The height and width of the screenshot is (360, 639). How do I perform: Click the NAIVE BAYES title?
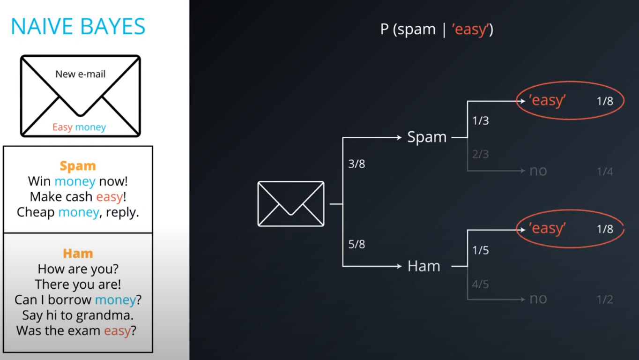pyautogui.click(x=78, y=27)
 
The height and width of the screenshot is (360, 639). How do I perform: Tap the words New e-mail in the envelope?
pyautogui.click(x=81, y=74)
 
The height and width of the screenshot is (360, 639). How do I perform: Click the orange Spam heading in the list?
pyautogui.click(x=78, y=166)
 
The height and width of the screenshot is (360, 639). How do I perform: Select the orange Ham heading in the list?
pyautogui.click(x=78, y=254)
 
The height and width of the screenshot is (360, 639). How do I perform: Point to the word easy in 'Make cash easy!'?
pyautogui.click(x=110, y=196)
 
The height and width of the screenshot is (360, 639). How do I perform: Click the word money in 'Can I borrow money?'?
pyautogui.click(x=115, y=300)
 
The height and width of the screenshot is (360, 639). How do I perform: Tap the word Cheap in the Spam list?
pyautogui.click(x=36, y=212)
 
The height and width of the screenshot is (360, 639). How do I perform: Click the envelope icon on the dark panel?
pyautogui.click(x=291, y=204)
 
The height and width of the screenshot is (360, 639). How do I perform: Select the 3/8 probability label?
pyautogui.click(x=357, y=164)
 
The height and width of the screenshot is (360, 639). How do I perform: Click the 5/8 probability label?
pyautogui.click(x=357, y=244)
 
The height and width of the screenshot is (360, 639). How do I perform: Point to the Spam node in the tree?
pyautogui.click(x=427, y=137)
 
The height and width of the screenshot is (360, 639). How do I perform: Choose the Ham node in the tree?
pyautogui.click(x=424, y=266)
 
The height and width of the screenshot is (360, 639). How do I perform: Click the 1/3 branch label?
pyautogui.click(x=481, y=121)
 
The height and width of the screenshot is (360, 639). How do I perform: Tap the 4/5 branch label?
pyautogui.click(x=481, y=284)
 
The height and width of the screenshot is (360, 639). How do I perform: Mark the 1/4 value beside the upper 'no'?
pyautogui.click(x=605, y=172)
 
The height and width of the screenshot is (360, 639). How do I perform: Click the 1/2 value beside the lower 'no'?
pyautogui.click(x=605, y=300)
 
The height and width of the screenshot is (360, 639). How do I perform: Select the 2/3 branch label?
pyautogui.click(x=481, y=154)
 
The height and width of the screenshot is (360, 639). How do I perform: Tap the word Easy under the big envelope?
pyautogui.click(x=62, y=127)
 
